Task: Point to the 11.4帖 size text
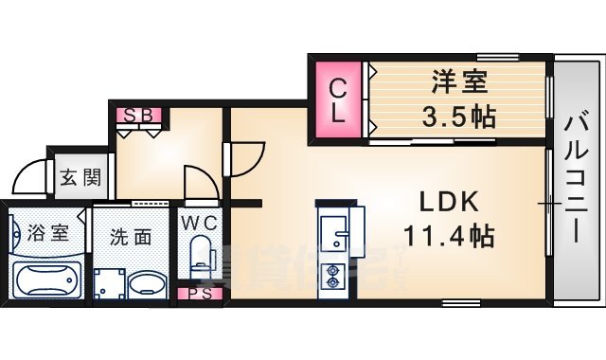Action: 449,236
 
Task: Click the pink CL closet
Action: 338,99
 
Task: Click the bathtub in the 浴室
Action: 46,279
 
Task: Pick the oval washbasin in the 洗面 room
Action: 146,284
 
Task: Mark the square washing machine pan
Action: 110,283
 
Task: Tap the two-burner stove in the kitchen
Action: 333,275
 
